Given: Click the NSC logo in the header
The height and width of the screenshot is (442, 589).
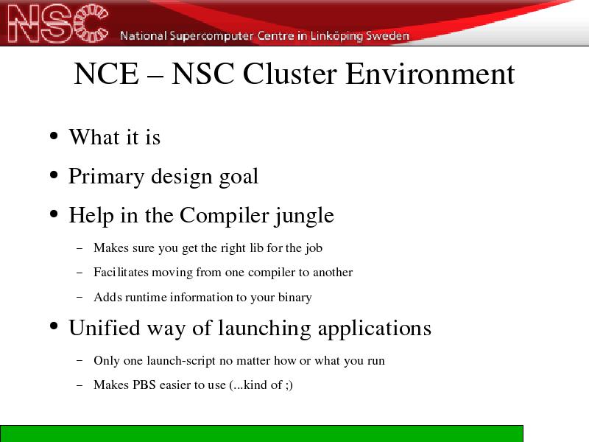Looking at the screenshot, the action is click(x=58, y=24).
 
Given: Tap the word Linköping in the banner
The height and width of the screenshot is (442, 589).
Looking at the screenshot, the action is click(x=336, y=36).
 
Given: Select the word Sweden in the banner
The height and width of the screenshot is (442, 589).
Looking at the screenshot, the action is click(x=388, y=35).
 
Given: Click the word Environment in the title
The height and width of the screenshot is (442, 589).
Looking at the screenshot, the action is click(x=430, y=74).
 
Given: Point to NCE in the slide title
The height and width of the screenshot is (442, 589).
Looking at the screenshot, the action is click(x=106, y=74).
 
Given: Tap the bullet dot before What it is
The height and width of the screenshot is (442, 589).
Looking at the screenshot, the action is click(x=54, y=136).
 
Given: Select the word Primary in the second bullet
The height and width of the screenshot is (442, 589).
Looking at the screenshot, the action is click(x=106, y=177).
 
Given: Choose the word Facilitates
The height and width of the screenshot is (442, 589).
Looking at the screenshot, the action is click(x=121, y=272).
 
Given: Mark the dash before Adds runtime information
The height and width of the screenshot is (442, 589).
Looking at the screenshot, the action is click(x=80, y=297).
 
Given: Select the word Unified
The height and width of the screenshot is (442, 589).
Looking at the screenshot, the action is click(x=105, y=327).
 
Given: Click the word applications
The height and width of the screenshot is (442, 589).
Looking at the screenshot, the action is click(x=375, y=329).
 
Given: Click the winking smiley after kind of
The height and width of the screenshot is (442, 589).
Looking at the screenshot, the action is click(x=289, y=385).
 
